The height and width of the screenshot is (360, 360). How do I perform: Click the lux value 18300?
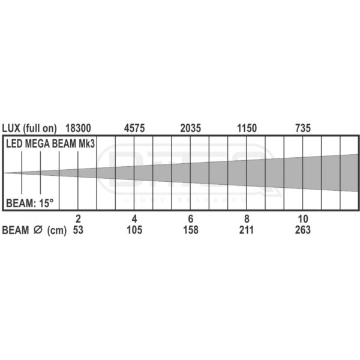pos(78,128)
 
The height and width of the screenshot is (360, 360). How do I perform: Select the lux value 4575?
pos(134,128)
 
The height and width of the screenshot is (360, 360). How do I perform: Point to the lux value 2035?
pos(191,128)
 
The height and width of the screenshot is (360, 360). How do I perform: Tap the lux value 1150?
pos(247,128)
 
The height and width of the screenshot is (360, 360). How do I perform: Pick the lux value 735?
pos(303,128)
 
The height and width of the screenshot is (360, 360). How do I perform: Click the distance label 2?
pos(78,219)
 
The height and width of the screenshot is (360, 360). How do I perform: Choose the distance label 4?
pos(134,219)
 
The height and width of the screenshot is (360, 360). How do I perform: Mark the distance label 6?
pos(191,219)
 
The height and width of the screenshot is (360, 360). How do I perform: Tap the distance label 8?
pos(247,219)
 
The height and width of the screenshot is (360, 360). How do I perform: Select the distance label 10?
pos(303,219)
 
